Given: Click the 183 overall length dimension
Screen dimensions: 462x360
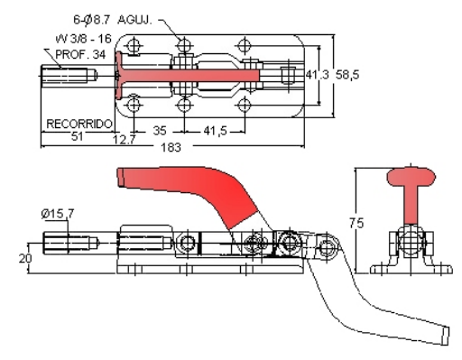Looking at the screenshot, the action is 171,147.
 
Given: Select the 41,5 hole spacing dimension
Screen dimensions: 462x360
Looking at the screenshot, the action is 216,131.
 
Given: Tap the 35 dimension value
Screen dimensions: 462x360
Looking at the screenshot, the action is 160,131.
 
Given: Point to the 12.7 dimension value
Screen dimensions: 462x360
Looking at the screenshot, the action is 125,140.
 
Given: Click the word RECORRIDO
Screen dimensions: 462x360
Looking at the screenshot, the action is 79,124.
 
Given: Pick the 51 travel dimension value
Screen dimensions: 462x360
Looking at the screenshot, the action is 77,136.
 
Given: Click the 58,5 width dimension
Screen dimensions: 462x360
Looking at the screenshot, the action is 347,74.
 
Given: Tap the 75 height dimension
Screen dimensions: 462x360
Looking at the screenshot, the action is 356,223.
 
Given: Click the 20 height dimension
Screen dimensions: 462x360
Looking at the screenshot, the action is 25,258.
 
